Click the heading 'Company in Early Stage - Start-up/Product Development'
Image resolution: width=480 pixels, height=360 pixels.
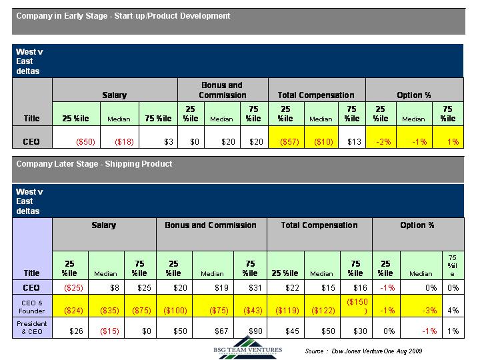coord(123,15)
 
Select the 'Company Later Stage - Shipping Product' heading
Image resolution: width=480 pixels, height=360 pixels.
coord(94,164)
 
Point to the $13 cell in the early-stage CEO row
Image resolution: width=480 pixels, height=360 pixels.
coord(355,142)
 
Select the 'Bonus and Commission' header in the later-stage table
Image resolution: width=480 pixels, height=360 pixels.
coord(211,225)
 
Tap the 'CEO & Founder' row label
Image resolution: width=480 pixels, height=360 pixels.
coord(31,306)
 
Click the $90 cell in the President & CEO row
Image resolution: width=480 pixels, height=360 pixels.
coord(251,331)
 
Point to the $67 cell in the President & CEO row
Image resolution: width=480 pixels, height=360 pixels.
coord(214,331)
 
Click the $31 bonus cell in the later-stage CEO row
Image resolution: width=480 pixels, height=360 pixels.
coord(251,287)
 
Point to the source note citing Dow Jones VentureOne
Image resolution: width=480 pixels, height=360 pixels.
coord(364,351)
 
